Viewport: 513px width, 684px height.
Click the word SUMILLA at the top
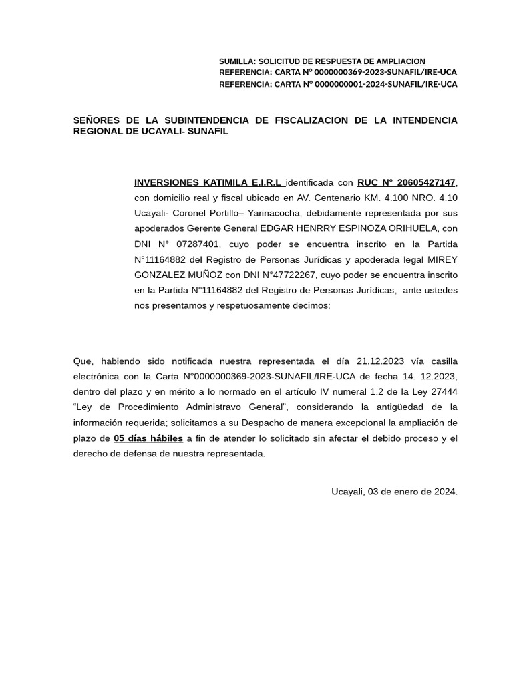pos(236,61)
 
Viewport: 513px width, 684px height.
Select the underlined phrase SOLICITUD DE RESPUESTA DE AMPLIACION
pos(342,61)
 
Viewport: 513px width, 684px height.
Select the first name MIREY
pos(443,259)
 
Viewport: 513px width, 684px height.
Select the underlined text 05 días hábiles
pos(148,438)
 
